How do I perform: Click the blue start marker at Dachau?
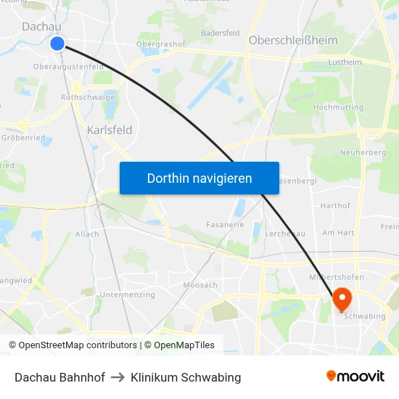[x=57, y=44]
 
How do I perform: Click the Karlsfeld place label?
[x=109, y=131]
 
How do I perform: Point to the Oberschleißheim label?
[x=293, y=41]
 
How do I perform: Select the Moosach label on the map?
[x=200, y=285]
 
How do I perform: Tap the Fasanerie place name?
[x=225, y=225]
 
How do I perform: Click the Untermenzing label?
[x=128, y=295]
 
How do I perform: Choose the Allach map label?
[x=87, y=234]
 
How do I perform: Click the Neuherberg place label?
[x=362, y=153]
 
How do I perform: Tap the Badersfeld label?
[x=220, y=33]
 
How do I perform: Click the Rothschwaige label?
[x=88, y=96]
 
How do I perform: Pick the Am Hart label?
[x=337, y=233]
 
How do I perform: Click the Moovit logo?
[x=355, y=377]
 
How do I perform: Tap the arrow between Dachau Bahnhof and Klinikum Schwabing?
[x=118, y=377]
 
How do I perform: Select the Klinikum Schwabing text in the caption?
[x=186, y=377]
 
